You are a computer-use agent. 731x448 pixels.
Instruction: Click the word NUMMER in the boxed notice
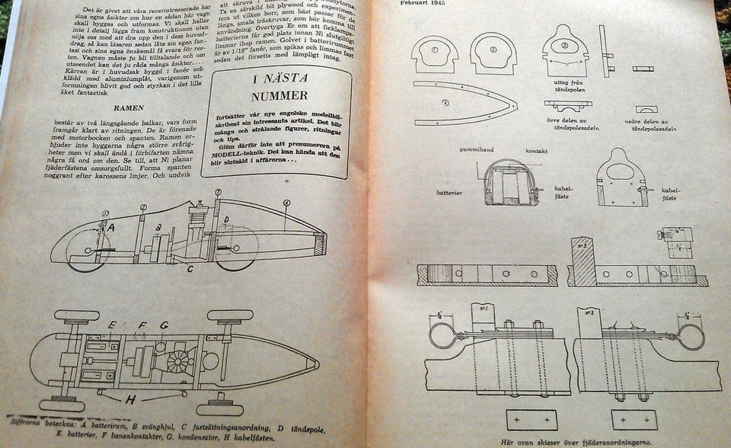pos(280,95)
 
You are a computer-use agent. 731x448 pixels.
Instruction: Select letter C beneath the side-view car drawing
pos(190,267)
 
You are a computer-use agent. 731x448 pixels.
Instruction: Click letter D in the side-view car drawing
pos(226,221)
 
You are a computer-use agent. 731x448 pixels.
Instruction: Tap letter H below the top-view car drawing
pos(130,398)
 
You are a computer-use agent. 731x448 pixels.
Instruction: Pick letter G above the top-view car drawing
pos(164,325)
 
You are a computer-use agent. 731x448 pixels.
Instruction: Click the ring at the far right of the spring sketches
pos(691,336)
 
